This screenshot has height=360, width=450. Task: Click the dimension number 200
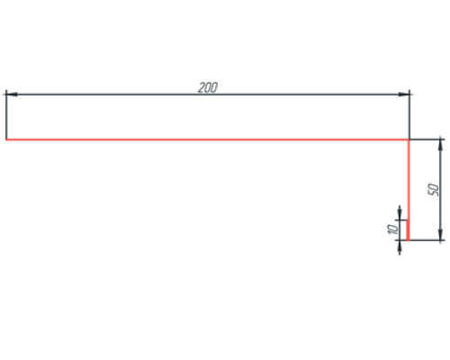click(x=208, y=87)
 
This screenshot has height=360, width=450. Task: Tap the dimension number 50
click(x=434, y=190)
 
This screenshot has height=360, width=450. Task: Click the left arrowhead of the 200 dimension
click(x=12, y=94)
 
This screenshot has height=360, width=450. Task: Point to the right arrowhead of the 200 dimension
click(x=404, y=94)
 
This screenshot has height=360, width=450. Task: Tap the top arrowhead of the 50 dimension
click(x=440, y=145)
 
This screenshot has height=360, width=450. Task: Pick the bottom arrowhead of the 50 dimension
click(x=440, y=235)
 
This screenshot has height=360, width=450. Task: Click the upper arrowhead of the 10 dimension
click(x=400, y=214)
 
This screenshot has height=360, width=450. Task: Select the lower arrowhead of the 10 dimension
click(x=400, y=246)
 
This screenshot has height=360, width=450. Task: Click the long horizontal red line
click(x=207, y=139)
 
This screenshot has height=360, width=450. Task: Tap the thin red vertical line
click(x=409, y=179)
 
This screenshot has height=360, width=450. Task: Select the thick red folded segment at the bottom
click(x=408, y=230)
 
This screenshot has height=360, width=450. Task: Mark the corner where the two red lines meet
click(x=409, y=139)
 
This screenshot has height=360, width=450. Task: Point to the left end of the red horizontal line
click(x=6, y=139)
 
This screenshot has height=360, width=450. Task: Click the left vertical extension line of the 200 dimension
click(x=6, y=114)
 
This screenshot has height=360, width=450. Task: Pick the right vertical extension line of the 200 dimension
click(x=409, y=114)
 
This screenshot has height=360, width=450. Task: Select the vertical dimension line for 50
click(x=440, y=190)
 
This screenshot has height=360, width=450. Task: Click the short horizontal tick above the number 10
click(x=401, y=220)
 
